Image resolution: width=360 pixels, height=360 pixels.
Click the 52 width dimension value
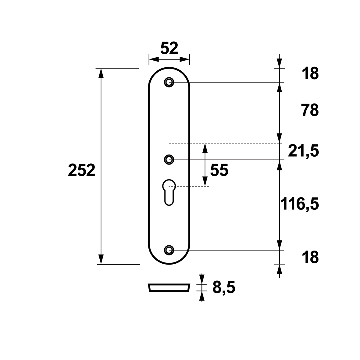(x=169, y=48)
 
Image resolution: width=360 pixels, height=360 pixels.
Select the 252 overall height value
(x=81, y=170)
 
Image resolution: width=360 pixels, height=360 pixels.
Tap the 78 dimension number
(x=310, y=110)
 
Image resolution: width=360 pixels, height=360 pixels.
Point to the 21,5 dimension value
(x=303, y=151)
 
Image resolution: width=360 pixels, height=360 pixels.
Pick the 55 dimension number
(x=219, y=170)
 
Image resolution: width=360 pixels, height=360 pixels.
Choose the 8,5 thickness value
(x=224, y=288)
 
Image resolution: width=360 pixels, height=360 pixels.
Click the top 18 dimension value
(x=310, y=74)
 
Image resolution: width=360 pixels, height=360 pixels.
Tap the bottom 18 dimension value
(x=310, y=257)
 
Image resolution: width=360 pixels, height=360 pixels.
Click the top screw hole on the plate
(x=169, y=82)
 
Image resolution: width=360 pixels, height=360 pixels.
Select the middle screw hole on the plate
(x=169, y=159)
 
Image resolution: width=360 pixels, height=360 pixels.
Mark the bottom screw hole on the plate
(x=169, y=250)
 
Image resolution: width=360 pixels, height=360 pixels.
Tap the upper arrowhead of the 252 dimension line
(x=101, y=73)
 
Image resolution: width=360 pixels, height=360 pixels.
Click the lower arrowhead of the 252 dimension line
(x=101, y=260)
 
